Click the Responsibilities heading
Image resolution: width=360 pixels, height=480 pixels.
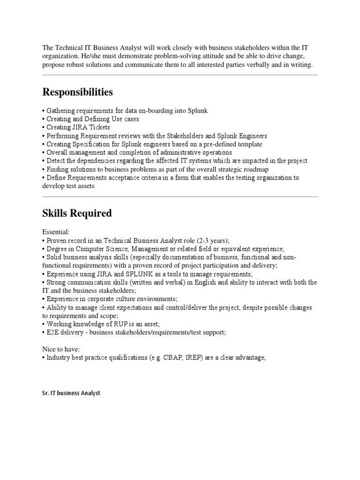(x=77, y=92)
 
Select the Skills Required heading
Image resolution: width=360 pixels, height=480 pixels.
(x=77, y=213)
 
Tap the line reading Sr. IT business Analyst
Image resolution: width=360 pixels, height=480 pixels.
(x=71, y=393)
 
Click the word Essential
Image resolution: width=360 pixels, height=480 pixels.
(x=56, y=232)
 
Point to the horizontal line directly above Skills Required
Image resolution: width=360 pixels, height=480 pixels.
(x=180, y=196)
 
